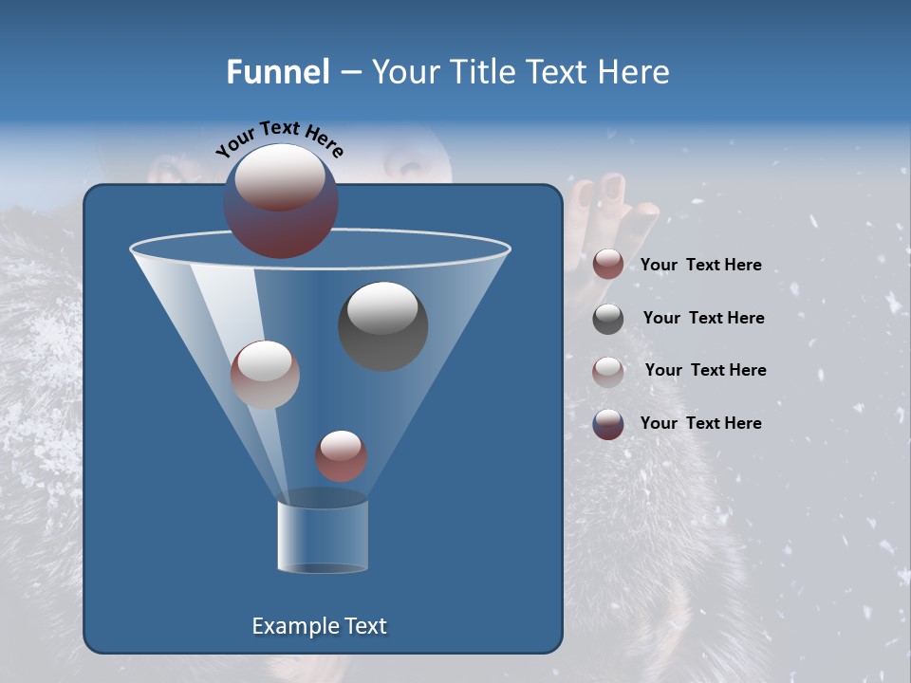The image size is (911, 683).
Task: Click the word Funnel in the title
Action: [277, 72]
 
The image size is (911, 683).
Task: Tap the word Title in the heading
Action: [482, 72]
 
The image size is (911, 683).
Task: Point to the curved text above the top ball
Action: [279, 139]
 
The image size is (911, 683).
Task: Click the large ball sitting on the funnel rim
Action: [281, 201]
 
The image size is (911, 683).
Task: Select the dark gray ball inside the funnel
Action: [382, 326]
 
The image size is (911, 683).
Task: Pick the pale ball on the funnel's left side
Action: [265, 374]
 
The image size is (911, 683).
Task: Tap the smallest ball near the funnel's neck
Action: [341, 456]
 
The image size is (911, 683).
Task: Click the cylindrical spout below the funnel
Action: [323, 536]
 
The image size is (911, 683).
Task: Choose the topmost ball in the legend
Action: [608, 265]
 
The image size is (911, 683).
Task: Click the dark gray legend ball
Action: [608, 319]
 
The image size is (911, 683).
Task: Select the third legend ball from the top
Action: [608, 371]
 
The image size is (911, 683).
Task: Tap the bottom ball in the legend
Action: [608, 424]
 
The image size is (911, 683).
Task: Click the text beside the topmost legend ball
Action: [700, 266]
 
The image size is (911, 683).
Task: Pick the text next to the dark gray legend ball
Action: [703, 318]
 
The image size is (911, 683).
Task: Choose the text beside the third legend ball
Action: [705, 370]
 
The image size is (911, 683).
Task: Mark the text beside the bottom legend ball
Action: [700, 423]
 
